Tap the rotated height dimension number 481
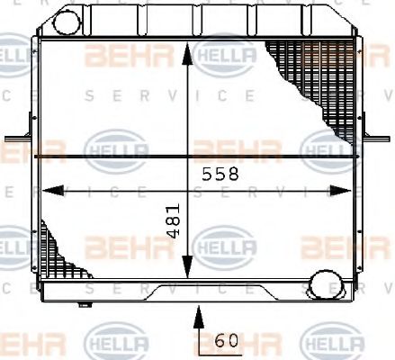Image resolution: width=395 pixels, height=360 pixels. click(175, 220)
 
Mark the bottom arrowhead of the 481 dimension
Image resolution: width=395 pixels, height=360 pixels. click(186, 270)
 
